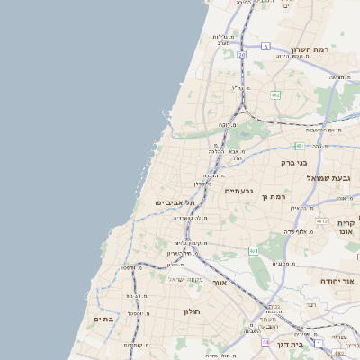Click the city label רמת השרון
click(x=311, y=50)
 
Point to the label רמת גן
click(x=271, y=196)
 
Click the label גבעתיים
click(x=239, y=191)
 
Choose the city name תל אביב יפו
click(x=175, y=203)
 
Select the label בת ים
click(x=103, y=319)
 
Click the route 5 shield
click(x=265, y=46)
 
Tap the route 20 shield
click(x=241, y=56)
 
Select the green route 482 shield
click(x=275, y=94)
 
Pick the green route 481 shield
click(x=299, y=145)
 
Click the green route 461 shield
click(x=255, y=250)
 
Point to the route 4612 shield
click(x=322, y=220)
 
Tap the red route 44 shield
click(x=265, y=343)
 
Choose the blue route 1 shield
click(x=319, y=343)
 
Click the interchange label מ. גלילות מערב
click(x=224, y=39)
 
